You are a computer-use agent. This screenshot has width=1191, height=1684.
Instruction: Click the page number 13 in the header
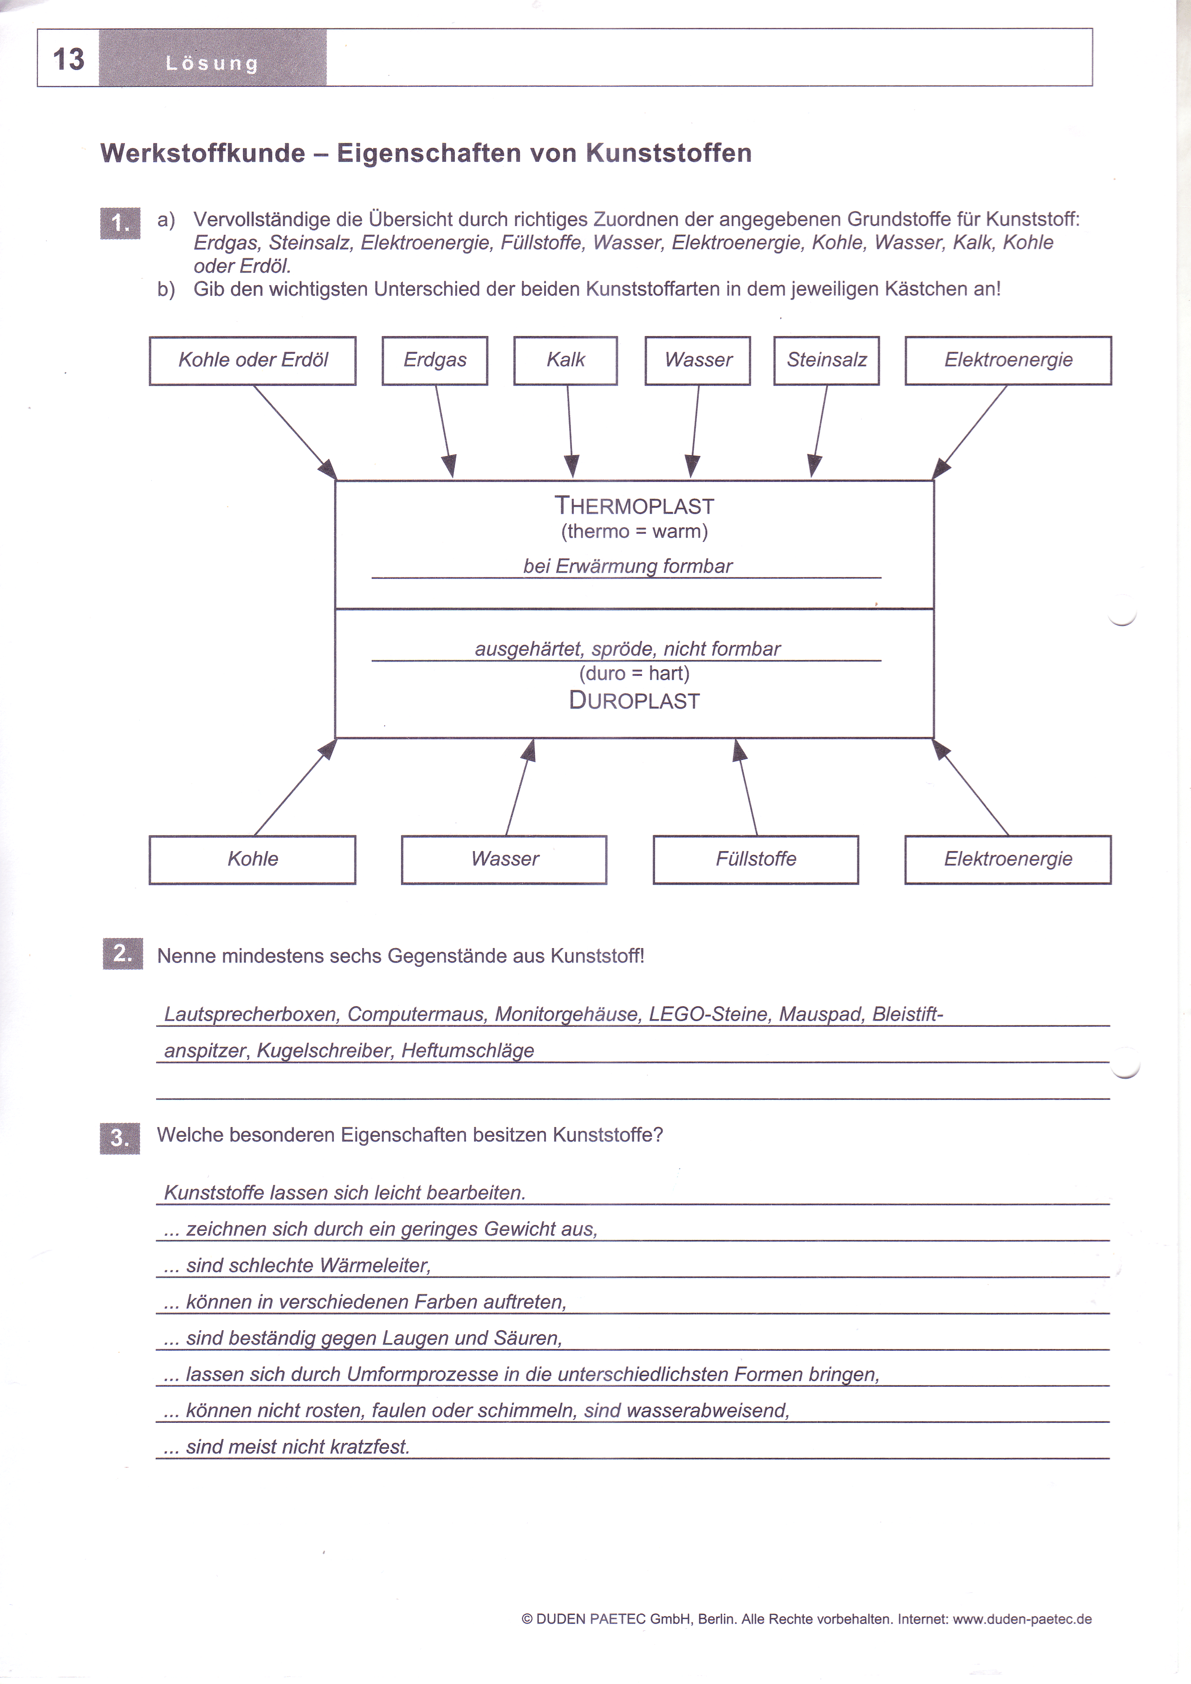[x=68, y=59]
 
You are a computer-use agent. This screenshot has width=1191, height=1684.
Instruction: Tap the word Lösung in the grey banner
[x=212, y=63]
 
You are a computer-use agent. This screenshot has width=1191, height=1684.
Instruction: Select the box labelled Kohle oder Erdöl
[x=253, y=360]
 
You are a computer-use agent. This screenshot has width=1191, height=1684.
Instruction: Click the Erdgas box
[x=435, y=360]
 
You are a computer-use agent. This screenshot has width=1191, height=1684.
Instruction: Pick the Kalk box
[x=565, y=360]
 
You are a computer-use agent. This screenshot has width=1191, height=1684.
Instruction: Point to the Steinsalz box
[x=826, y=360]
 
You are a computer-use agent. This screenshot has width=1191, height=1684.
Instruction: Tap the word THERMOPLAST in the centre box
[x=634, y=505]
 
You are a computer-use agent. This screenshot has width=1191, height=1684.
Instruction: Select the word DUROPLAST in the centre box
[x=634, y=700]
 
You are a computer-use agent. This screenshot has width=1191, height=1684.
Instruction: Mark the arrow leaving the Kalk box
[x=570, y=431]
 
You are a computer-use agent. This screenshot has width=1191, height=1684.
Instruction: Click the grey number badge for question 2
[x=122, y=953]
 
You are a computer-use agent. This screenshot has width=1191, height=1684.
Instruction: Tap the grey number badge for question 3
[x=120, y=1138]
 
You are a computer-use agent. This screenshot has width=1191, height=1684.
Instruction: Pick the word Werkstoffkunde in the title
[x=203, y=153]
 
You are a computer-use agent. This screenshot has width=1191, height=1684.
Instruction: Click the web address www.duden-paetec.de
[x=1022, y=1619]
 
